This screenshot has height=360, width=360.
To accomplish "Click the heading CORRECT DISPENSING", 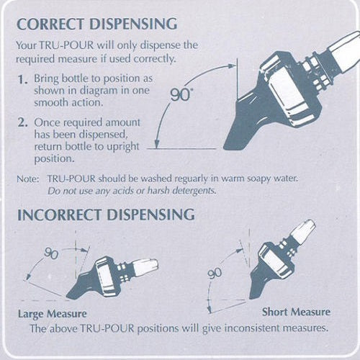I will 96,24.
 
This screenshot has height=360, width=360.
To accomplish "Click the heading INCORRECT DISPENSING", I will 105,215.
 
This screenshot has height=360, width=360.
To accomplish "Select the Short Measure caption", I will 297,312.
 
